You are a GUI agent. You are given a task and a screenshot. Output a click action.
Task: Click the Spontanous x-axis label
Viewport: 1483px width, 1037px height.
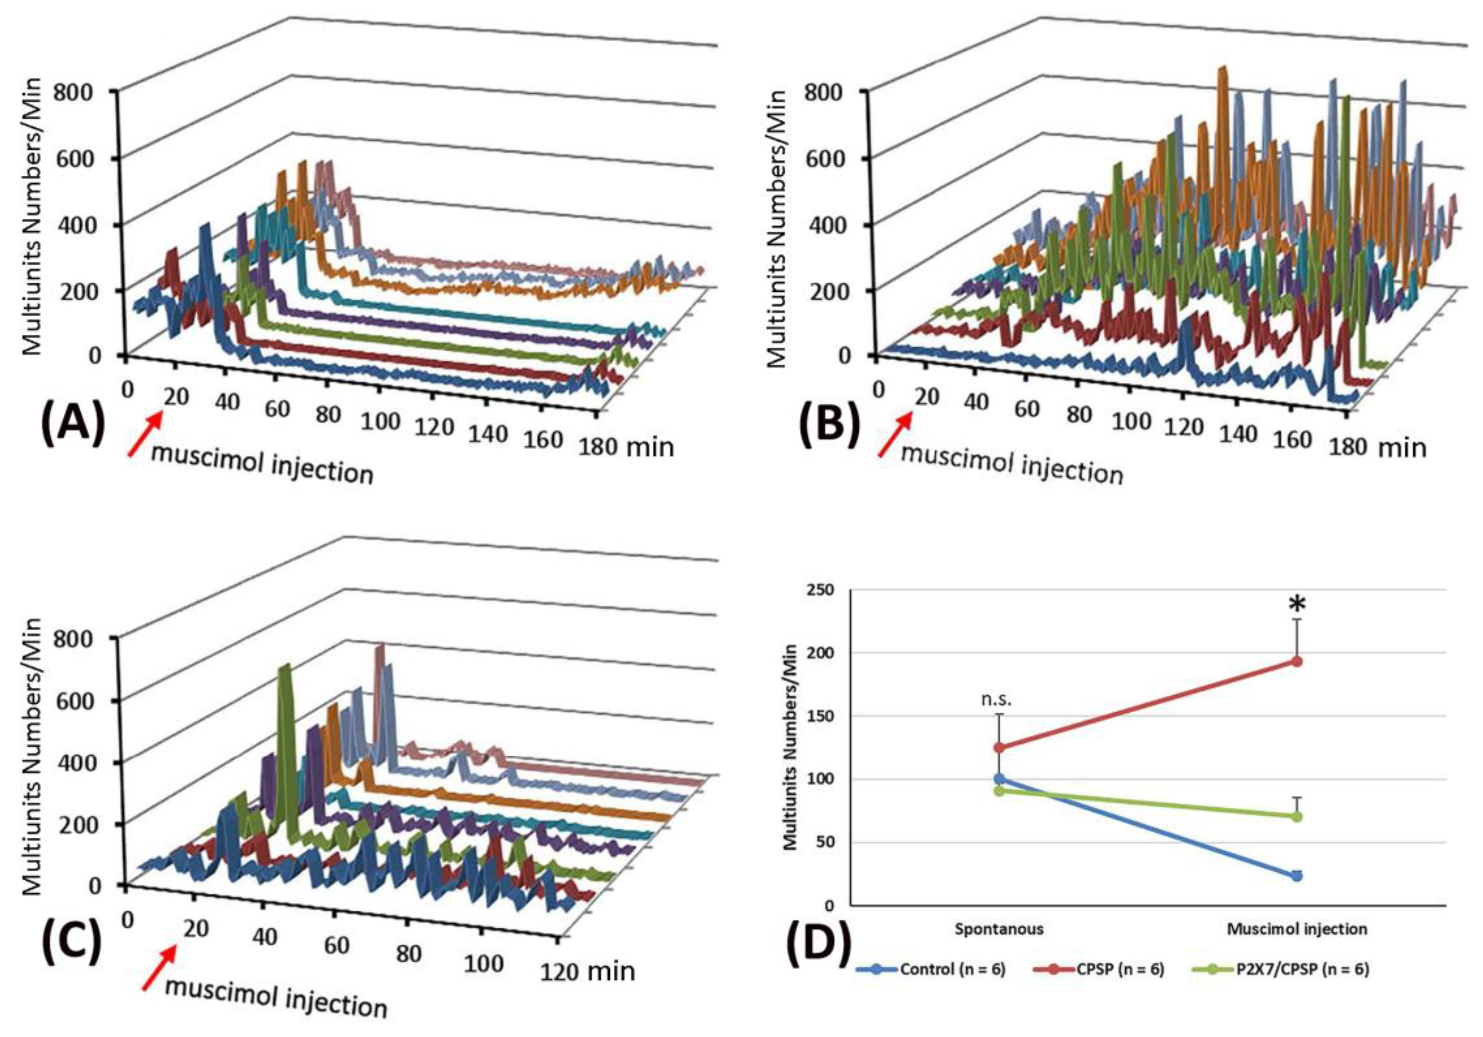999,929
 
